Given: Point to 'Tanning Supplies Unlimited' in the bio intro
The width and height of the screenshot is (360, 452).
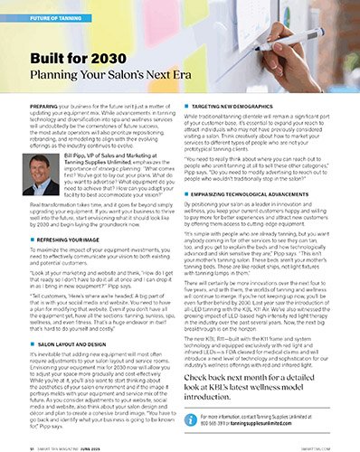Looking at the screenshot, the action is [x=99, y=164].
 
